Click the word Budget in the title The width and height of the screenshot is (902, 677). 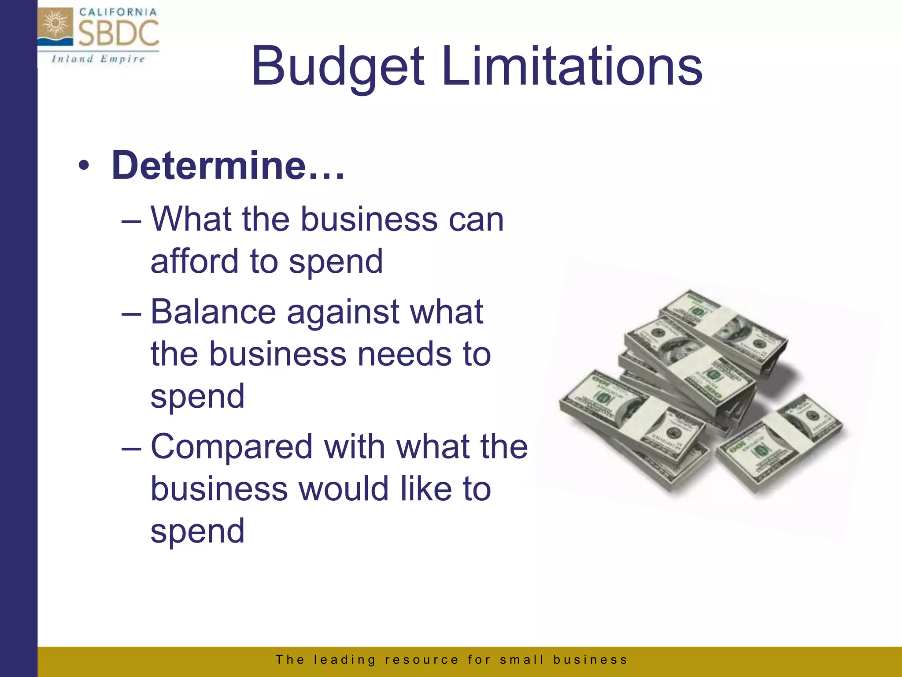337,67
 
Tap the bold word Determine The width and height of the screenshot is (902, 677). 209,166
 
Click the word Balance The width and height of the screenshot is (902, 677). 213,312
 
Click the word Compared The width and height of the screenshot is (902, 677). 232,447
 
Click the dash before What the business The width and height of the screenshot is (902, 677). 131,220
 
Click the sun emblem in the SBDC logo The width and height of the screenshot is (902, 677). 55,25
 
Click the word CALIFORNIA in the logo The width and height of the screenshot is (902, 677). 118,12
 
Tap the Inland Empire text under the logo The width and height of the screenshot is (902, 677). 98,59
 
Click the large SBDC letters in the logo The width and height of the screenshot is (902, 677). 118,33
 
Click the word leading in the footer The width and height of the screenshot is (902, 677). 344,660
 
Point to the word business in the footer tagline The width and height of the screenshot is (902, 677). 590,660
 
